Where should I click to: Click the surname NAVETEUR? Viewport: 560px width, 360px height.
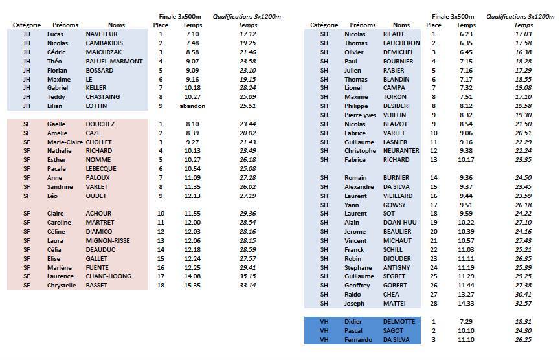(x=102, y=34)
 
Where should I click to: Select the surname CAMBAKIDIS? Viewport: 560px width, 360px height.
(x=105, y=43)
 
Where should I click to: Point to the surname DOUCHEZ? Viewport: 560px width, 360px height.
(x=100, y=124)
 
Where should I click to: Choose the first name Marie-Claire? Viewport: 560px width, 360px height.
(x=65, y=142)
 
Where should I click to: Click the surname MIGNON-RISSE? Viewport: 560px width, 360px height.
(x=107, y=240)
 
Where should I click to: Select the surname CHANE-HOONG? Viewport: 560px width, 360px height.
(x=107, y=276)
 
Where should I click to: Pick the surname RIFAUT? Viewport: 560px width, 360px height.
(x=394, y=34)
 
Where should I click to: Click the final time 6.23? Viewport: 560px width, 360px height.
(x=466, y=34)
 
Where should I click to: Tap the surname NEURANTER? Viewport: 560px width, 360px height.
(x=401, y=151)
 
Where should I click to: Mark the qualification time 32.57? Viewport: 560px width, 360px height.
(x=523, y=303)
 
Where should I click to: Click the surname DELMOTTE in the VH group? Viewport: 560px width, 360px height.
(x=399, y=321)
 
